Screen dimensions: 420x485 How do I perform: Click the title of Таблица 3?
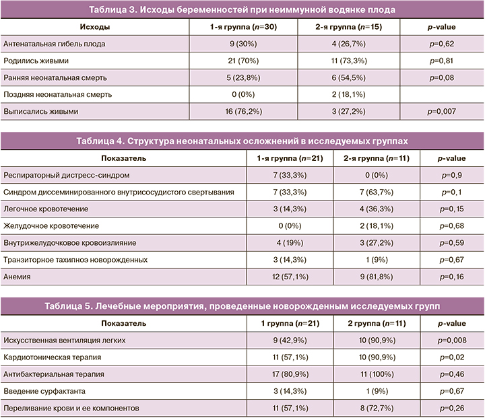(243, 10)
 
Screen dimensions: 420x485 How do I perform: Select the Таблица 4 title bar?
(243, 141)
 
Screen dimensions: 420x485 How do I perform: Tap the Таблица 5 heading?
(243, 306)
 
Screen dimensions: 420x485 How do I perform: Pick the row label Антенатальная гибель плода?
(55, 44)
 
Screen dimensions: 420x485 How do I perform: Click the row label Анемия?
(18, 276)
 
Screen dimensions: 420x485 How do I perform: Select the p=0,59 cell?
(451, 242)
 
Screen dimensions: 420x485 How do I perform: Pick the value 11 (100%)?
(364, 374)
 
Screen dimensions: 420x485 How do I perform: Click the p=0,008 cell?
(451, 341)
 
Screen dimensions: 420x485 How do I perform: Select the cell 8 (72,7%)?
(364, 408)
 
